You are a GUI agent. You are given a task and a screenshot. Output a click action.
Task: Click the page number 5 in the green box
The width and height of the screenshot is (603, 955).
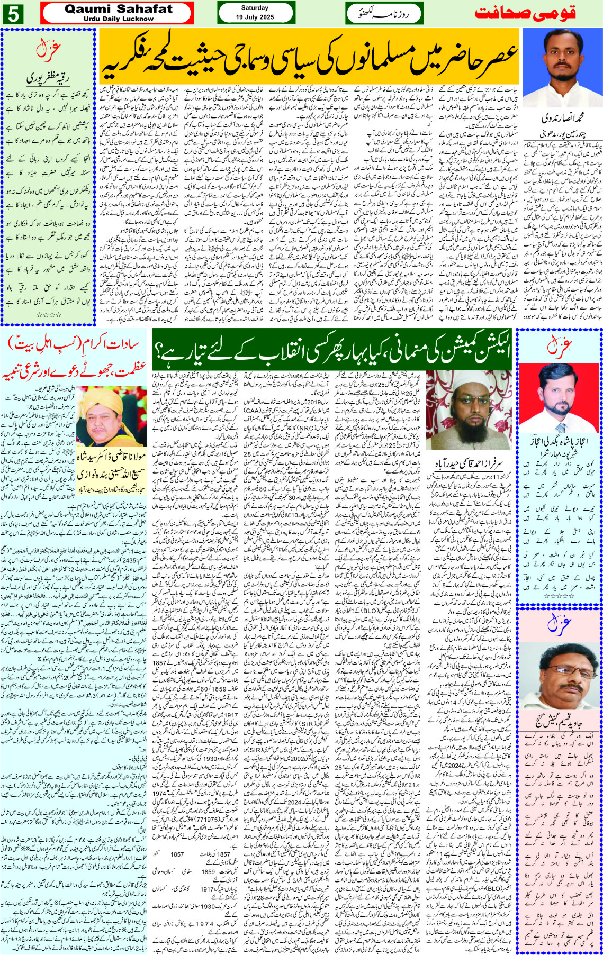click(x=13, y=14)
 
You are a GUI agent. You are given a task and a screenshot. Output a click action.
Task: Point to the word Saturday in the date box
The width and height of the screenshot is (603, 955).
click(x=255, y=8)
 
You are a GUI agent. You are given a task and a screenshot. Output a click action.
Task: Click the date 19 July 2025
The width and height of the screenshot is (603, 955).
click(x=255, y=17)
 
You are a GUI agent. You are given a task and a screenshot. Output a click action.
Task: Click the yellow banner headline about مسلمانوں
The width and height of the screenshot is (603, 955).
click(x=309, y=57)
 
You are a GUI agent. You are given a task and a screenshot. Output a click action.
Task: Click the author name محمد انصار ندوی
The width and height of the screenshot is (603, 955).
click(x=562, y=117)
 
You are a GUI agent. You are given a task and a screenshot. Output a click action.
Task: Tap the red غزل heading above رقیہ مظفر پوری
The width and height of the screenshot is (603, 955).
click(x=48, y=50)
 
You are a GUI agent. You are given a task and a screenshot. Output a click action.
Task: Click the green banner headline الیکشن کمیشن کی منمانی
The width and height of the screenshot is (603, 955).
click(x=331, y=349)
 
